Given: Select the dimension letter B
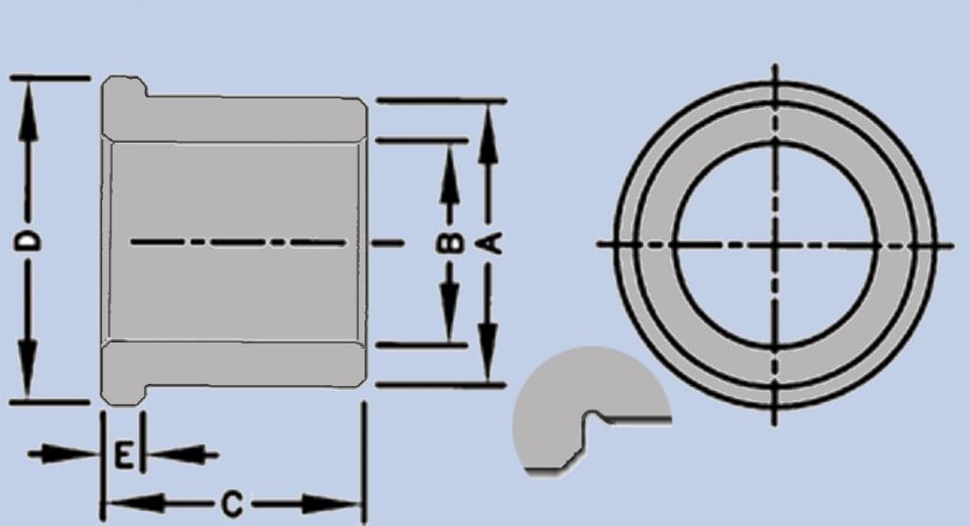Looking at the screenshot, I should click(452, 243).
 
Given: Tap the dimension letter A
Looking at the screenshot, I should click(489, 243).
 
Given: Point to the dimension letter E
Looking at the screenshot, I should click(123, 456).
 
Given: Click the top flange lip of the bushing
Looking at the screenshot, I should click(124, 90).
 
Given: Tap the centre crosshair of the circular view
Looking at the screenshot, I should click(775, 244).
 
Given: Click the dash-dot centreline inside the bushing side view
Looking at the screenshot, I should click(237, 243).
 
